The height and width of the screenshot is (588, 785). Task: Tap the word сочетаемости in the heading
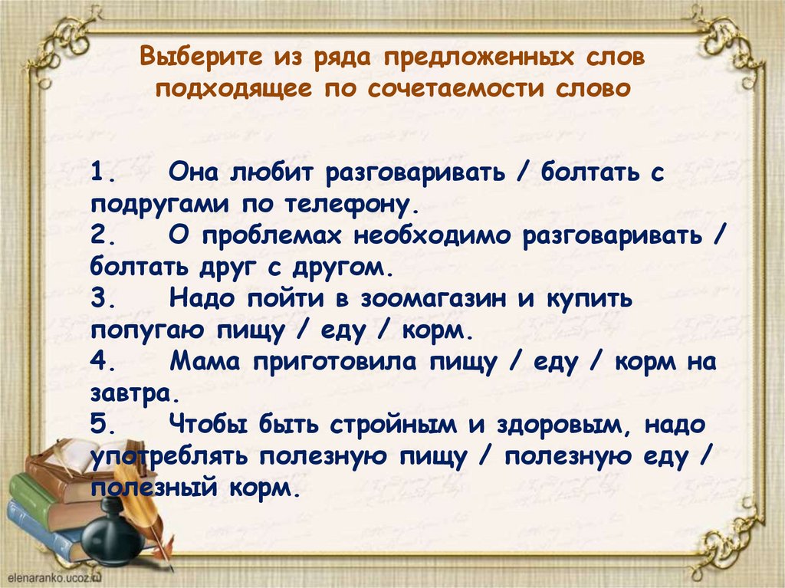[455, 88]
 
